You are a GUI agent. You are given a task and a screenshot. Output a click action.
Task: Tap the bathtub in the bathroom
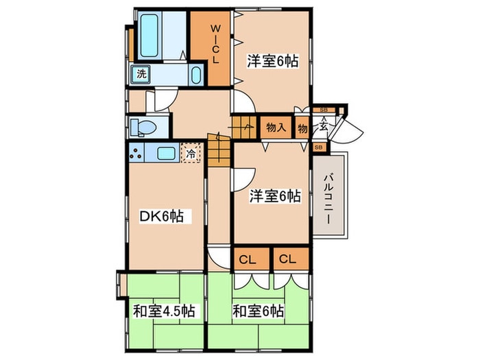[x=150, y=36]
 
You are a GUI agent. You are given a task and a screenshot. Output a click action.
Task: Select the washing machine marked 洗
[x=140, y=73]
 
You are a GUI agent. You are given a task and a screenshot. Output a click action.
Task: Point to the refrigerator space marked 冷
[x=190, y=154]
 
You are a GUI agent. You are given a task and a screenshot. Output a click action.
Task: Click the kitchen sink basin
[x=166, y=154]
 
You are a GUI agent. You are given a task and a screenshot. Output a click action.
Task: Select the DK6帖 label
[x=161, y=217]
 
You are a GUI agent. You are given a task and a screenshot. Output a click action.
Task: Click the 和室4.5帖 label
[x=163, y=311]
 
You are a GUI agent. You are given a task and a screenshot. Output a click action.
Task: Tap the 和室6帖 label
[x=259, y=311]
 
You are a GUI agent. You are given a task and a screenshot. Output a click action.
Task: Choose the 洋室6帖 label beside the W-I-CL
[x=272, y=61]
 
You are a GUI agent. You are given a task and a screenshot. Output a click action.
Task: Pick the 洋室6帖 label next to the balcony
[x=274, y=196]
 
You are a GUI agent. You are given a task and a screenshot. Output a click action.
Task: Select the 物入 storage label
[x=276, y=127]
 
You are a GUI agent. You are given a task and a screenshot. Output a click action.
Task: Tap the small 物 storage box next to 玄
[x=302, y=127]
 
